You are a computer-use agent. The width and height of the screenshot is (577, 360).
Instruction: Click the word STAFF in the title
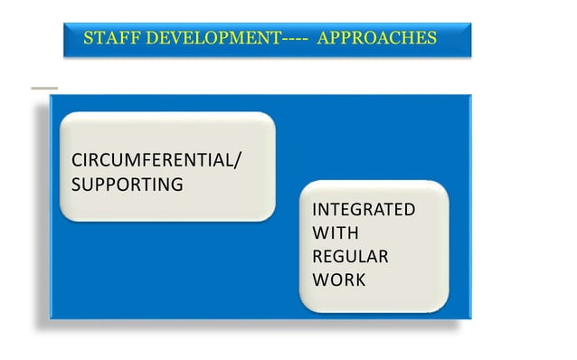102,39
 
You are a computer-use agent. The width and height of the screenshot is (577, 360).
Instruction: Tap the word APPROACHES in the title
378,39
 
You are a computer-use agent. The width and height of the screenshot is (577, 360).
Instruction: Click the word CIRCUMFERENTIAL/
156,162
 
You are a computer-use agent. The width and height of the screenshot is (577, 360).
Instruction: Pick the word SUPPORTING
127,185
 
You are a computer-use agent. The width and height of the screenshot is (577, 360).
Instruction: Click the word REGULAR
350,257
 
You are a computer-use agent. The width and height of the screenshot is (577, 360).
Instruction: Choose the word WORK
339,279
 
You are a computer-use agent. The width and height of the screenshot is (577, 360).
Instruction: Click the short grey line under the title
43,88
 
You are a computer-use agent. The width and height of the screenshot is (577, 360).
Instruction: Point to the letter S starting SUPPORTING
76,185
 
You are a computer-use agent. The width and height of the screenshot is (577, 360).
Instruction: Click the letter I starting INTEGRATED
314,210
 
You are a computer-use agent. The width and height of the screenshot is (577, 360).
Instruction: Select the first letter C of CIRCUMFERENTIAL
77,162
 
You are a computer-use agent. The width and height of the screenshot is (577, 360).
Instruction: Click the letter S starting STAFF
87,39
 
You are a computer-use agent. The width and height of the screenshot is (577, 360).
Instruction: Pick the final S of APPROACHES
431,39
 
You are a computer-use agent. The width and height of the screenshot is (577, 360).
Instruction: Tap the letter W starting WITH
318,233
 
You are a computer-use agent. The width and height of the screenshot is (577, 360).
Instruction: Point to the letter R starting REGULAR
317,257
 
